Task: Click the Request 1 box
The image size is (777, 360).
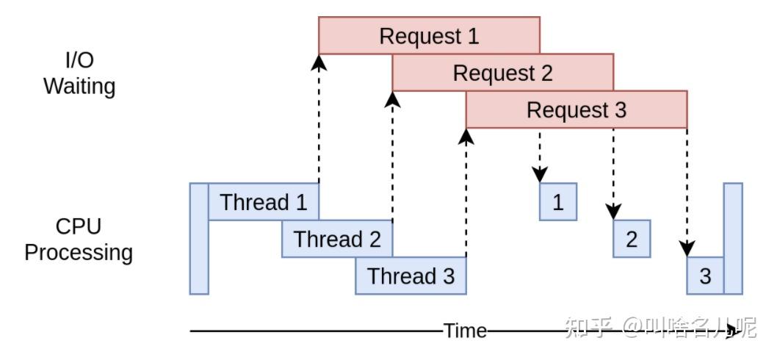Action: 429,35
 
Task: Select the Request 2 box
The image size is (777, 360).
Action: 503,73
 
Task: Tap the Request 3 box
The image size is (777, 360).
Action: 577,109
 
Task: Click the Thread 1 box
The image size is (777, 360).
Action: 264,202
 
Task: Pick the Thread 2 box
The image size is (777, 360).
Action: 337,239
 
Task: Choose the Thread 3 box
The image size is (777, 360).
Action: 411,276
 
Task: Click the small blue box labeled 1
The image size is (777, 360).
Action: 558,202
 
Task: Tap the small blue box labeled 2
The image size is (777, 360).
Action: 632,239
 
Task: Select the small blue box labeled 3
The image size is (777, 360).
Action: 705,276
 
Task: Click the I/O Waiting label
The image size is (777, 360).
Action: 79,73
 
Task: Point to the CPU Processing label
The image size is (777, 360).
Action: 79,240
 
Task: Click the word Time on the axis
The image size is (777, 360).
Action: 465,331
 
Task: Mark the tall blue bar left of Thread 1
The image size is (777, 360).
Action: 199,239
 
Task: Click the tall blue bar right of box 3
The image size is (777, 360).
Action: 733,239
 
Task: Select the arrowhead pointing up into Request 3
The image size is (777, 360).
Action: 466,136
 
